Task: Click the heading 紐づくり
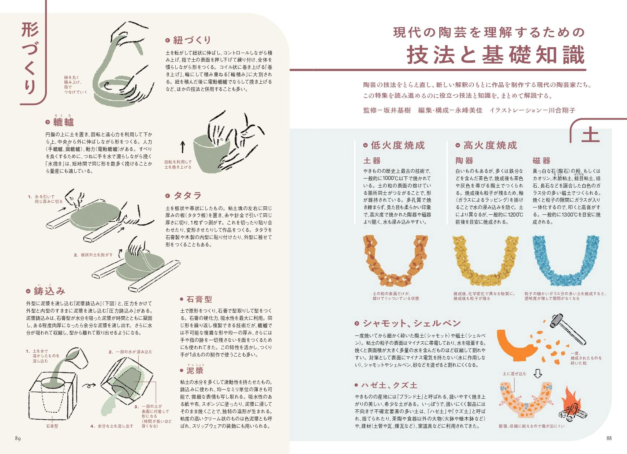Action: [192, 40]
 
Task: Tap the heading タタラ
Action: [187, 195]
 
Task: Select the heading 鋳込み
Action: [49, 291]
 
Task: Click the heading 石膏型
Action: [199, 299]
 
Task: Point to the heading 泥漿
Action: [195, 371]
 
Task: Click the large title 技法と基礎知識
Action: [496, 55]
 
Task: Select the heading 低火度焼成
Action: [398, 145]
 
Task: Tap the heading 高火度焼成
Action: [490, 145]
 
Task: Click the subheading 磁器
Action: [541, 161]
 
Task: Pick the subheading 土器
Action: [372, 161]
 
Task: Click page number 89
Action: [18, 438]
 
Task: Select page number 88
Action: [609, 438]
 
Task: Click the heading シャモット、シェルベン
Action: [411, 323]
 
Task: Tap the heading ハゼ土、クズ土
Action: [389, 385]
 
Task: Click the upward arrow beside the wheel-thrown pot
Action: [183, 147]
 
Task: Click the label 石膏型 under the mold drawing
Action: [52, 426]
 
